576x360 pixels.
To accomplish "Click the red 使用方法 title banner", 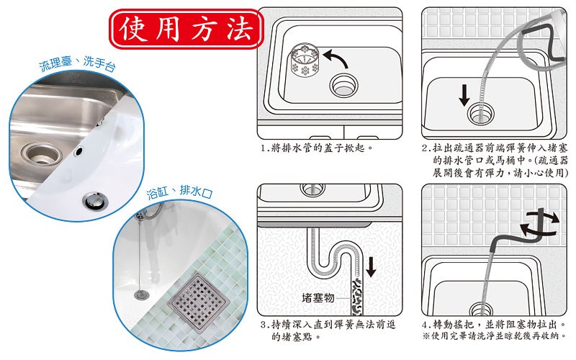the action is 186,29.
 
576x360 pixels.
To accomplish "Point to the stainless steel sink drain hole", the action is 39,154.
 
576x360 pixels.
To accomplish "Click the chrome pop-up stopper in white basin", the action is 94,201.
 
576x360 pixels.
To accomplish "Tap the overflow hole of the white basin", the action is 78,150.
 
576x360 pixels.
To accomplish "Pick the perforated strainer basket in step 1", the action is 305,60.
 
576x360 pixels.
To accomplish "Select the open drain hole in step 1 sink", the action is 344,86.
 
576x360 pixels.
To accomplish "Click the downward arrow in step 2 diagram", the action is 464,95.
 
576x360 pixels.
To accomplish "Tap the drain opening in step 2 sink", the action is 481,114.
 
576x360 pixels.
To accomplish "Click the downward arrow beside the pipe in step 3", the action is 371,267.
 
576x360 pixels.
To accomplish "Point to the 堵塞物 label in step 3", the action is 318,297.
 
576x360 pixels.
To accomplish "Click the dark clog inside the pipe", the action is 356,297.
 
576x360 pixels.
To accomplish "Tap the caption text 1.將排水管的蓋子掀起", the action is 317,148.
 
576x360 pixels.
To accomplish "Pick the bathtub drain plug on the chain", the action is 142,294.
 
